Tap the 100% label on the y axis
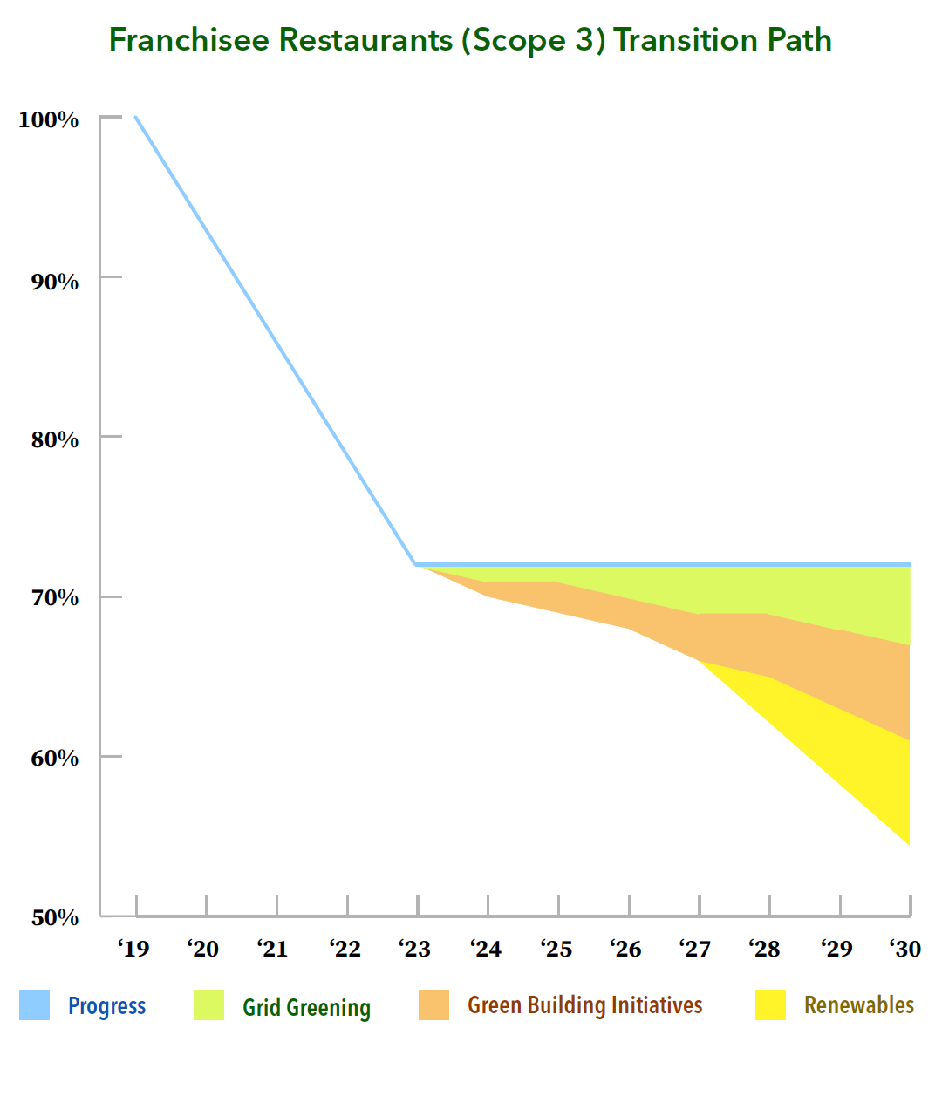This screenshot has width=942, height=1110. click(49, 120)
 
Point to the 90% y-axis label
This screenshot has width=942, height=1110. click(54, 282)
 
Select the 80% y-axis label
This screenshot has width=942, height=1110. click(54, 439)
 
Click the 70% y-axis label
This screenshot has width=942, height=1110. click(54, 598)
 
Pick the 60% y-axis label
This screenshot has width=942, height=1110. click(54, 758)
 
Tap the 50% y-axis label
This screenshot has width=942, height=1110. click(54, 917)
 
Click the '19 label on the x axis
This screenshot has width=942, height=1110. click(133, 949)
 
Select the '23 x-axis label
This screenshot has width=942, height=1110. click(414, 949)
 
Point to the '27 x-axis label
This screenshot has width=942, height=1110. click(695, 949)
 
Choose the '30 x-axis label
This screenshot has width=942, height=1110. click(905, 949)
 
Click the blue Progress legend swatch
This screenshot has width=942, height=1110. click(35, 1005)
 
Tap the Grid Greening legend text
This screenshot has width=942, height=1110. click(306, 1007)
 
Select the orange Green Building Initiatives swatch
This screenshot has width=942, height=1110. click(433, 1005)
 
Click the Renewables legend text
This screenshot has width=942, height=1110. click(858, 1005)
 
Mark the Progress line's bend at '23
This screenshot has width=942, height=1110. click(417, 564)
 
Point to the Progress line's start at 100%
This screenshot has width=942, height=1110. click(136, 118)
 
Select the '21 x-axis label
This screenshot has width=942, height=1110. click(273, 949)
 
